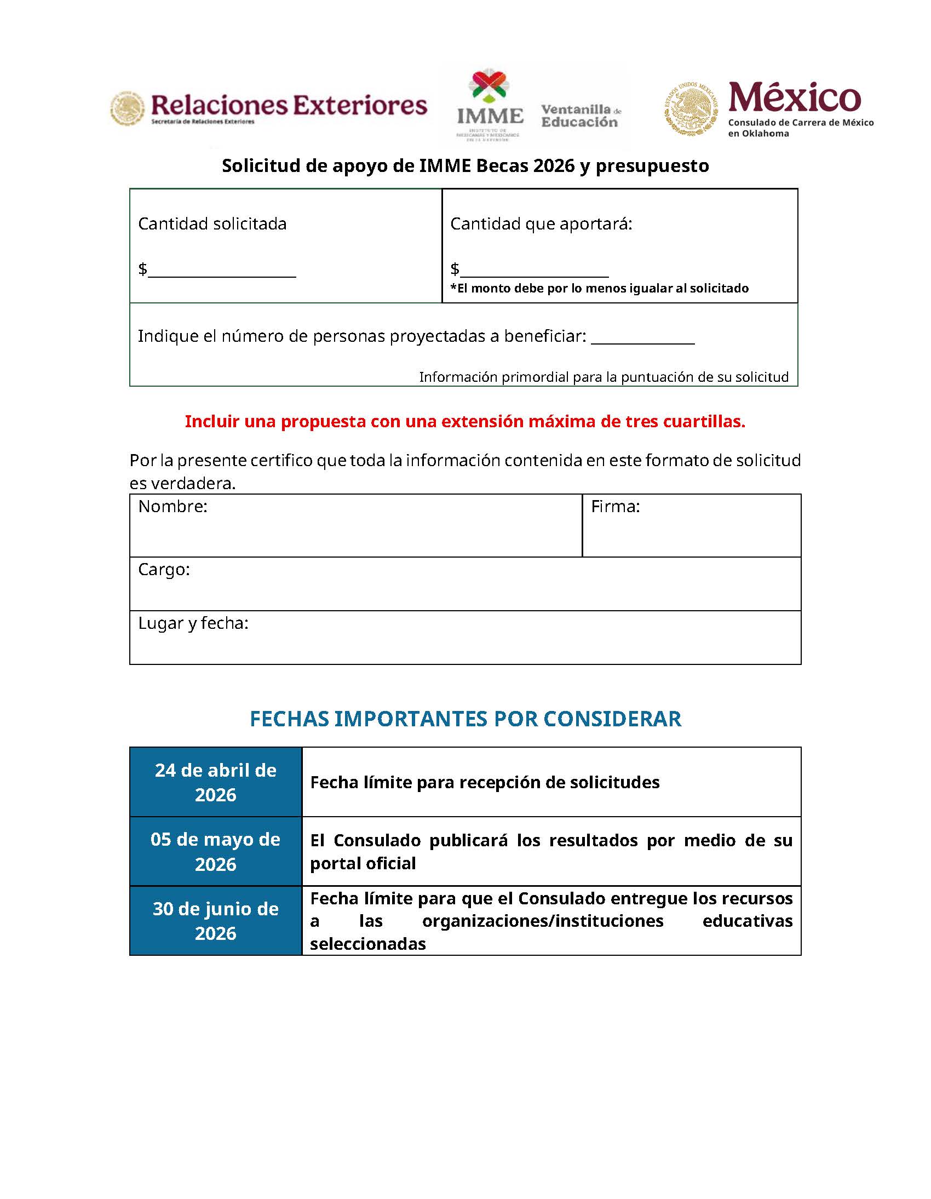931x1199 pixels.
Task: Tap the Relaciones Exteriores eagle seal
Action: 128,108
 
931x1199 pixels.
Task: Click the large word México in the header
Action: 794,97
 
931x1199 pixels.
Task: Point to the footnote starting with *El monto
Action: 599,288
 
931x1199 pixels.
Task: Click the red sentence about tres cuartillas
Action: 465,421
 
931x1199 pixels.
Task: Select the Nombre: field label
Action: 173,506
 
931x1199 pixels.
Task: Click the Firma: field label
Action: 615,506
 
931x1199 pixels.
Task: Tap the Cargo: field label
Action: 164,569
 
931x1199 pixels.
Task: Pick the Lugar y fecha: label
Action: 193,623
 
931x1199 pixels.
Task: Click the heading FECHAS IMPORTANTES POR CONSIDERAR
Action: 465,719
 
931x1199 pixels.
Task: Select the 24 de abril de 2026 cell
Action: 215,782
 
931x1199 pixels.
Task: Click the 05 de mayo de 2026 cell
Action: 215,851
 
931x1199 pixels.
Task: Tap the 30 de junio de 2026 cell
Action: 215,920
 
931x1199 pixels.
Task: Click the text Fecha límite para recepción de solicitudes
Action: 484,782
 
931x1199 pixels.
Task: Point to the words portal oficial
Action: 363,864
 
